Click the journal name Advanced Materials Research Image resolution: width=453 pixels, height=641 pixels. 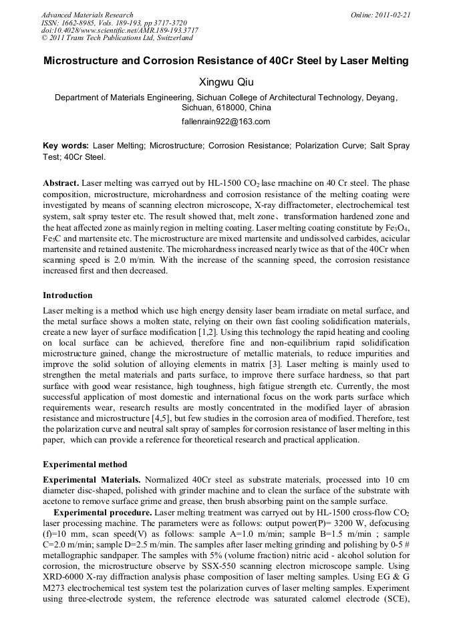pos(87,15)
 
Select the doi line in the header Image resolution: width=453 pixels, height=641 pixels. pos(120,30)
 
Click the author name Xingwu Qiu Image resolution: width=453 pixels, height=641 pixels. pos(226,82)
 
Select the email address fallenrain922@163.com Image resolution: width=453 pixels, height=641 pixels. pos(226,122)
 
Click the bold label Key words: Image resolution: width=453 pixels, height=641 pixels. pos(65,145)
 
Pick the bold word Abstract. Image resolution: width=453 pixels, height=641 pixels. pos(61,182)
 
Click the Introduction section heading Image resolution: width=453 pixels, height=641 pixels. pos(67,295)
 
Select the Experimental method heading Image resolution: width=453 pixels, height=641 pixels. pos(85,464)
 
